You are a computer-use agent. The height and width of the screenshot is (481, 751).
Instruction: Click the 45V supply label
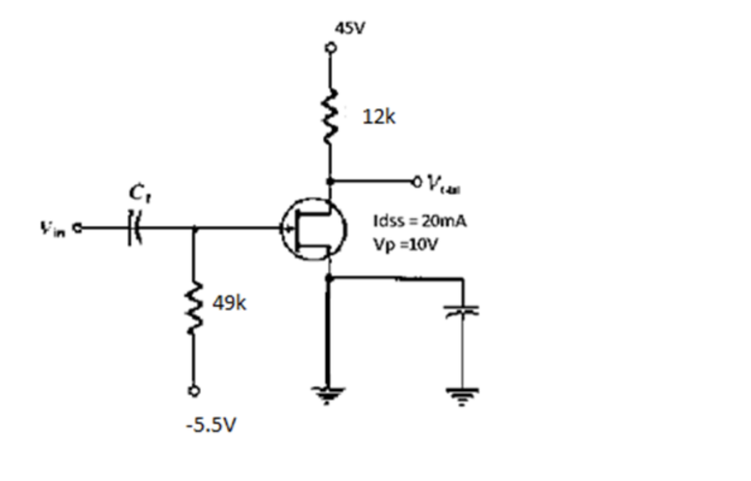pyautogui.click(x=352, y=29)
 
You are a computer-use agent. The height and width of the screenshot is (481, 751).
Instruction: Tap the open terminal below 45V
pyautogui.click(x=328, y=48)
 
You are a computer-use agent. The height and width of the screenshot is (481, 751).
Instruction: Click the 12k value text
pyautogui.click(x=379, y=117)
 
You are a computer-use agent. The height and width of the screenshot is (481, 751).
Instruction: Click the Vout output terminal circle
pyautogui.click(x=417, y=181)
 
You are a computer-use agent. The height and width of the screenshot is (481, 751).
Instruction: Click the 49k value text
pyautogui.click(x=230, y=304)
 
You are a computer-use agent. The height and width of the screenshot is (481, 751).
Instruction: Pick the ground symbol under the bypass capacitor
pyautogui.click(x=463, y=393)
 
